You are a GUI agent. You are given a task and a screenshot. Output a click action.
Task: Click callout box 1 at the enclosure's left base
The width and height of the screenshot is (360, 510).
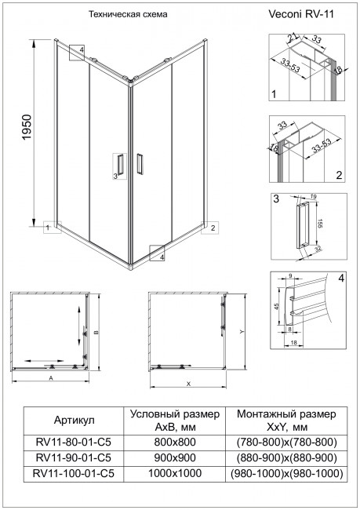(x=49, y=228)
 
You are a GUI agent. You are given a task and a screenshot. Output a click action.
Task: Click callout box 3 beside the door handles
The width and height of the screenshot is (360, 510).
(x=116, y=176)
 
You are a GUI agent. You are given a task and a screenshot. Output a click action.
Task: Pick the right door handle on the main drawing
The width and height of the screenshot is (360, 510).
(x=139, y=166)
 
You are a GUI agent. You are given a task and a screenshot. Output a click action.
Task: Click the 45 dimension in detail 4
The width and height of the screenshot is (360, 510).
(x=275, y=308)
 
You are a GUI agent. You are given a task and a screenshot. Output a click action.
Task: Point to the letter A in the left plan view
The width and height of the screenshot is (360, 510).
(x=50, y=378)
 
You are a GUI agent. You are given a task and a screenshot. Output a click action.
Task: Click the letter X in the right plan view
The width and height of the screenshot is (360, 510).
(x=189, y=384)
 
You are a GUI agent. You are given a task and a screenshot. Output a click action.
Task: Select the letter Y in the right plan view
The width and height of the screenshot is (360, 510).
(x=242, y=331)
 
